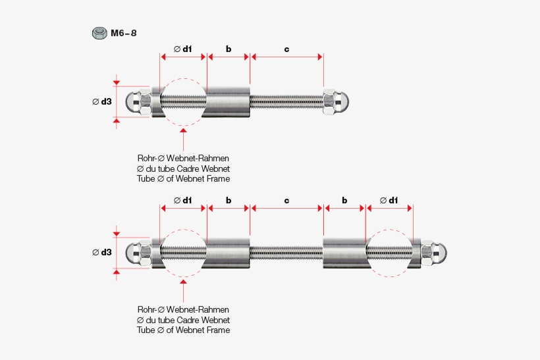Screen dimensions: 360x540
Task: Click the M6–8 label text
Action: (124, 33)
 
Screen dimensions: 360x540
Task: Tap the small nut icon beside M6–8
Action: (99, 33)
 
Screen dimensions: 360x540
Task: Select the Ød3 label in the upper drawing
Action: (102, 102)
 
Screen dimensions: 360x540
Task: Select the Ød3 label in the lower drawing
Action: (102, 253)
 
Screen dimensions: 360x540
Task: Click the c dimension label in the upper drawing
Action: (286, 49)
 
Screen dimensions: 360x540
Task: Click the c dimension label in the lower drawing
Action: (286, 200)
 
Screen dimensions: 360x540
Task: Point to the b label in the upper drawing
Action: (229, 49)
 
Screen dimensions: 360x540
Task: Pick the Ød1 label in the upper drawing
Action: (183, 49)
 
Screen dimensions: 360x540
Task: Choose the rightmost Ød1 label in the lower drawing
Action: (389, 200)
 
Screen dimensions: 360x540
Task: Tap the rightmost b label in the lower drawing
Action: (344, 200)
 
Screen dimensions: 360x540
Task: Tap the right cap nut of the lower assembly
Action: (435, 252)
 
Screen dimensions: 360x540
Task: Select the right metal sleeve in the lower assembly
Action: (344, 253)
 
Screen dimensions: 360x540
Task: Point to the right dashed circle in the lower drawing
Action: (390, 253)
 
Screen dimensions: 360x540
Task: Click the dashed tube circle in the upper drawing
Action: (183, 102)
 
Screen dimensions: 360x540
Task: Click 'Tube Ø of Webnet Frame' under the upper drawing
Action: (184, 179)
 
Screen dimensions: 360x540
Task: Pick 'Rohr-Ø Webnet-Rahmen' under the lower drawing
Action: (184, 309)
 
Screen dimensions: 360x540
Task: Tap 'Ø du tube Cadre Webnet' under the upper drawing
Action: (184, 169)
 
